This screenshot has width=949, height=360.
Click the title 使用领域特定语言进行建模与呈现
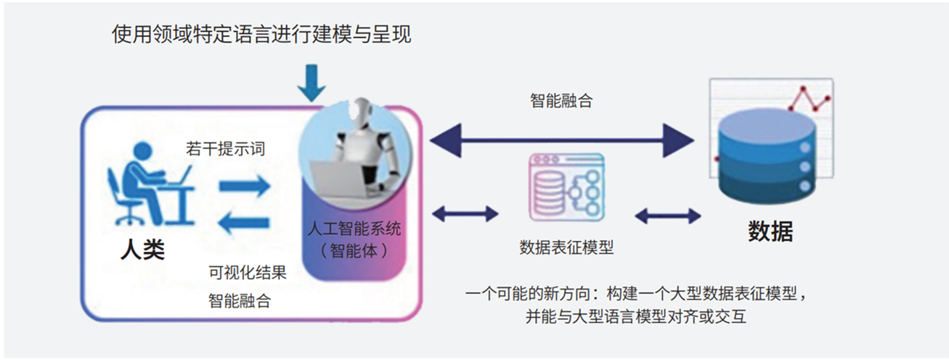click(x=261, y=33)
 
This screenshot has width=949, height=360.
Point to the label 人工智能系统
click(x=353, y=230)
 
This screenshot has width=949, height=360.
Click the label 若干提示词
click(x=225, y=150)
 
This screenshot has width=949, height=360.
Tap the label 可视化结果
click(x=247, y=273)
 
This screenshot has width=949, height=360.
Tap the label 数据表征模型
click(x=566, y=247)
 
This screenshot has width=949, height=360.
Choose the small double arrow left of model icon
click(x=465, y=214)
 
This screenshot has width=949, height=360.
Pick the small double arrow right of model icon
click(x=668, y=215)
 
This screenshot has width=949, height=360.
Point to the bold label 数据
click(x=770, y=231)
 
